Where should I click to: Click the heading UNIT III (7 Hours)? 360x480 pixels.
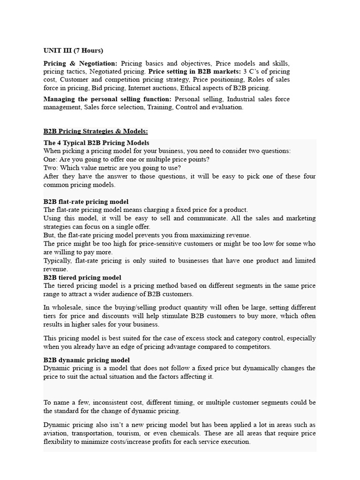[73, 50]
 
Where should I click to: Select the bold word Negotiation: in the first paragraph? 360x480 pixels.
[99, 63]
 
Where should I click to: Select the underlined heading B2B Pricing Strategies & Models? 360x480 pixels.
[96, 131]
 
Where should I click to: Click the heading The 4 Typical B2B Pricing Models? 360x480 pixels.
[97, 142]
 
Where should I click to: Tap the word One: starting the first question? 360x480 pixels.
[51, 159]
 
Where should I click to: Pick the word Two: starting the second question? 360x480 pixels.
[51, 168]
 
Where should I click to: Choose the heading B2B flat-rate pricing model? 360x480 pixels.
[86, 202]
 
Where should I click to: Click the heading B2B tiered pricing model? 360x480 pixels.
[82, 277]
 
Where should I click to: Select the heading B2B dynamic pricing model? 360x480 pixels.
[87, 360]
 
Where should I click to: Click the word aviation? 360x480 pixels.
[58, 433]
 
